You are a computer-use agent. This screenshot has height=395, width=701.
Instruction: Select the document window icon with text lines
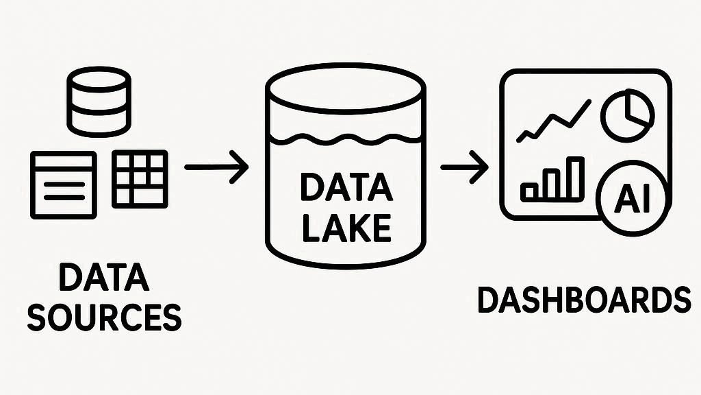point(64,184)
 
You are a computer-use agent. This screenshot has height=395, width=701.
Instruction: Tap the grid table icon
point(139,178)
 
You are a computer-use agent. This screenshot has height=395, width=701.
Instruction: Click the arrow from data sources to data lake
point(216,167)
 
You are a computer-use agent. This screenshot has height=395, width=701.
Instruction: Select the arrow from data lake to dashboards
point(464,167)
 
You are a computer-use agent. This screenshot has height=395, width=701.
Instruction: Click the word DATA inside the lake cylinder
point(346,188)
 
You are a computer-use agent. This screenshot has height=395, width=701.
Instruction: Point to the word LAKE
point(346,227)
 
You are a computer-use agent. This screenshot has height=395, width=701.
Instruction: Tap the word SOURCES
point(105,317)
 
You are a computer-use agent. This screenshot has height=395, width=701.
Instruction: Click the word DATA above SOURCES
point(105,279)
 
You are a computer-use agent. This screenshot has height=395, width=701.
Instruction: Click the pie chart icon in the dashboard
point(628,115)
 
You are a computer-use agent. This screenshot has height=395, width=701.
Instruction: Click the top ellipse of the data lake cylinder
point(346,88)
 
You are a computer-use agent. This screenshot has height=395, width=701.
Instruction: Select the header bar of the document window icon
point(64,160)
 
